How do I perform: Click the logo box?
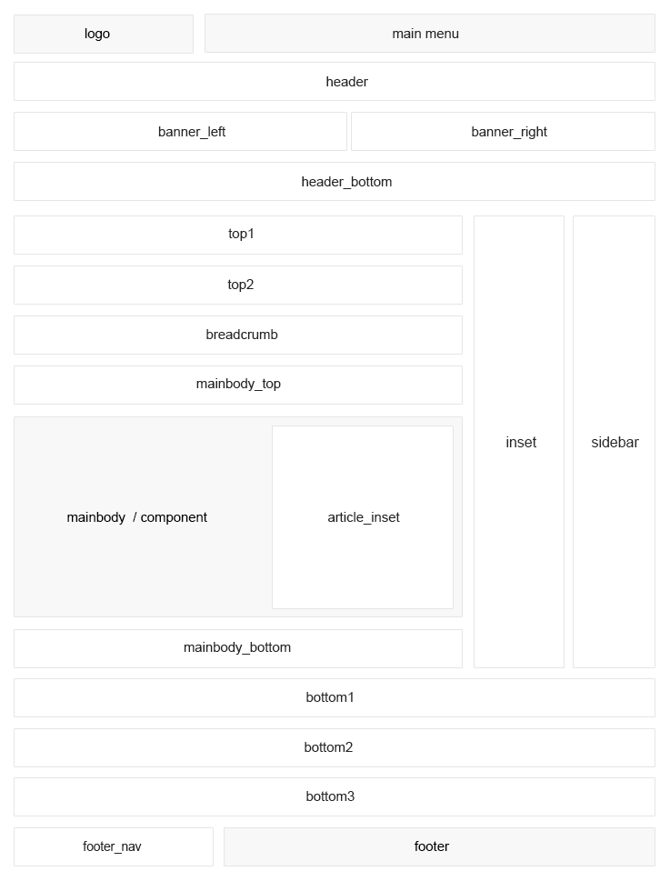pos(104,35)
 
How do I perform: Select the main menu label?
pos(425,34)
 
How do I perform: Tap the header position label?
pos(346,82)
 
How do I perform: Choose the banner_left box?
pos(180,132)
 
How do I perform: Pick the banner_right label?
pos(509,132)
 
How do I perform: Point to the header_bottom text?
pos(346,182)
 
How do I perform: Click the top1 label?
pos(241,234)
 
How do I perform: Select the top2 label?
pos(240,285)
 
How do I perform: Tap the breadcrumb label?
pos(242,335)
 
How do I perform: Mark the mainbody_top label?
pos(238,385)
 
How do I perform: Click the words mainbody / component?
pos(137,517)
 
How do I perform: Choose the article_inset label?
pos(364,517)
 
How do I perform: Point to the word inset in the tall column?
pos(521,442)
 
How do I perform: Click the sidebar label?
pos(615,442)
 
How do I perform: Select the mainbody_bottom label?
pos(237,648)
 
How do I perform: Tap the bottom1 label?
pos(330,697)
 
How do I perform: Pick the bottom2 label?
pos(328,747)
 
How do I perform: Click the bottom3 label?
pos(330,796)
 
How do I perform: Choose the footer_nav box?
pos(114,846)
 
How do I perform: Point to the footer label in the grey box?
pos(431,846)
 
